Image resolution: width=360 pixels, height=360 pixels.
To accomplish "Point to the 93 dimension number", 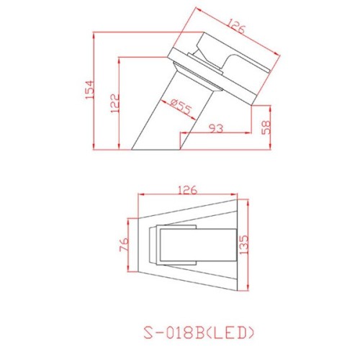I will tap(215, 128).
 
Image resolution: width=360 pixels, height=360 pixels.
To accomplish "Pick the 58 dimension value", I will tap(266, 127).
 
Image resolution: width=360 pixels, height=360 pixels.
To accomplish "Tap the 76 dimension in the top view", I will tap(124, 246).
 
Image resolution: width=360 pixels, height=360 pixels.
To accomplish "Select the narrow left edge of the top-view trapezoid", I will tap(139, 245).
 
